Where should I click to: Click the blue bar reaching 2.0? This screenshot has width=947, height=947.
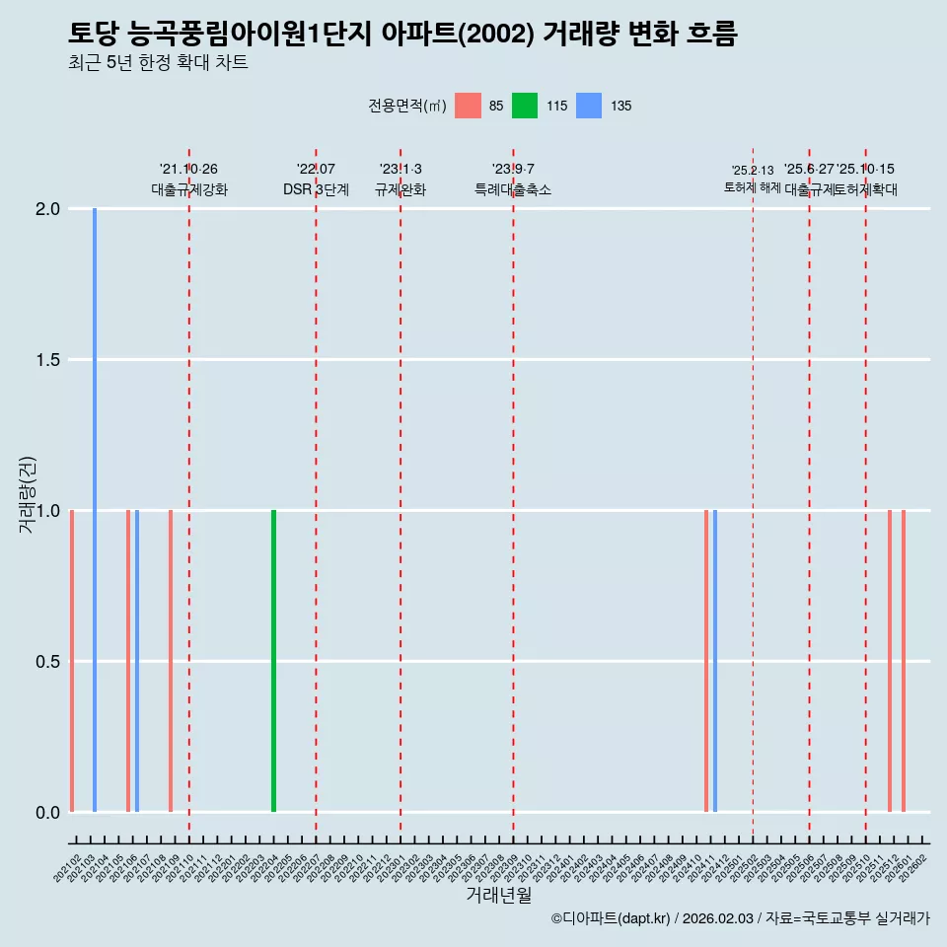[x=95, y=510]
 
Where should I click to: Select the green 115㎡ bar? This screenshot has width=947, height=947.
[x=273, y=661]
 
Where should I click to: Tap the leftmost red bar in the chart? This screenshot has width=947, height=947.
[x=72, y=661]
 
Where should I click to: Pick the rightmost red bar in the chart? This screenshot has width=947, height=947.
[x=904, y=661]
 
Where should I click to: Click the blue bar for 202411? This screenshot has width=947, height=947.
[x=715, y=661]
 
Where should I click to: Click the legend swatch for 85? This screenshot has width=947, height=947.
[x=468, y=106]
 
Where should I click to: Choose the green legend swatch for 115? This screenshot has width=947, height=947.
[x=525, y=106]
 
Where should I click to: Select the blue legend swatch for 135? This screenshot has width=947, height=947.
[x=588, y=106]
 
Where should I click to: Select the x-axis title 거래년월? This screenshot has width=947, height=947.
[x=498, y=896]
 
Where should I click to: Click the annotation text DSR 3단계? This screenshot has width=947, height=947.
[x=316, y=189]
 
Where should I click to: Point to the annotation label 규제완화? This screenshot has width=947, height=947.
[x=400, y=189]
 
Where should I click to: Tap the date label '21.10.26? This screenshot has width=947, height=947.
[x=188, y=169]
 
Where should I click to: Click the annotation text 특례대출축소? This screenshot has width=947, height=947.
[x=512, y=189]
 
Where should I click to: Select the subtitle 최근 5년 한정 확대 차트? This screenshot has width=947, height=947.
[x=158, y=63]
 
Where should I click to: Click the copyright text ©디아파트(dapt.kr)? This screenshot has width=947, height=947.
[x=611, y=918]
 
